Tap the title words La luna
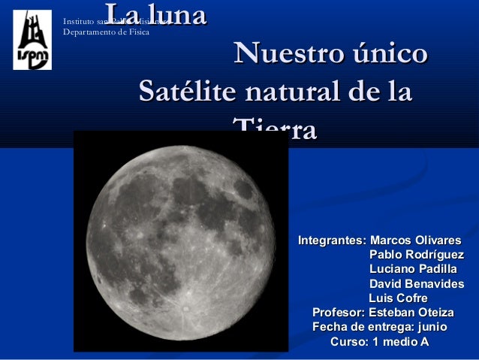tap(155, 14)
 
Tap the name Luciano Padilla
tap(412, 269)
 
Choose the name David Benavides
tap(416, 284)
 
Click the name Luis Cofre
tap(398, 298)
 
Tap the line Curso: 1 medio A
tap(380, 343)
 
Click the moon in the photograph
tap(180, 241)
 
